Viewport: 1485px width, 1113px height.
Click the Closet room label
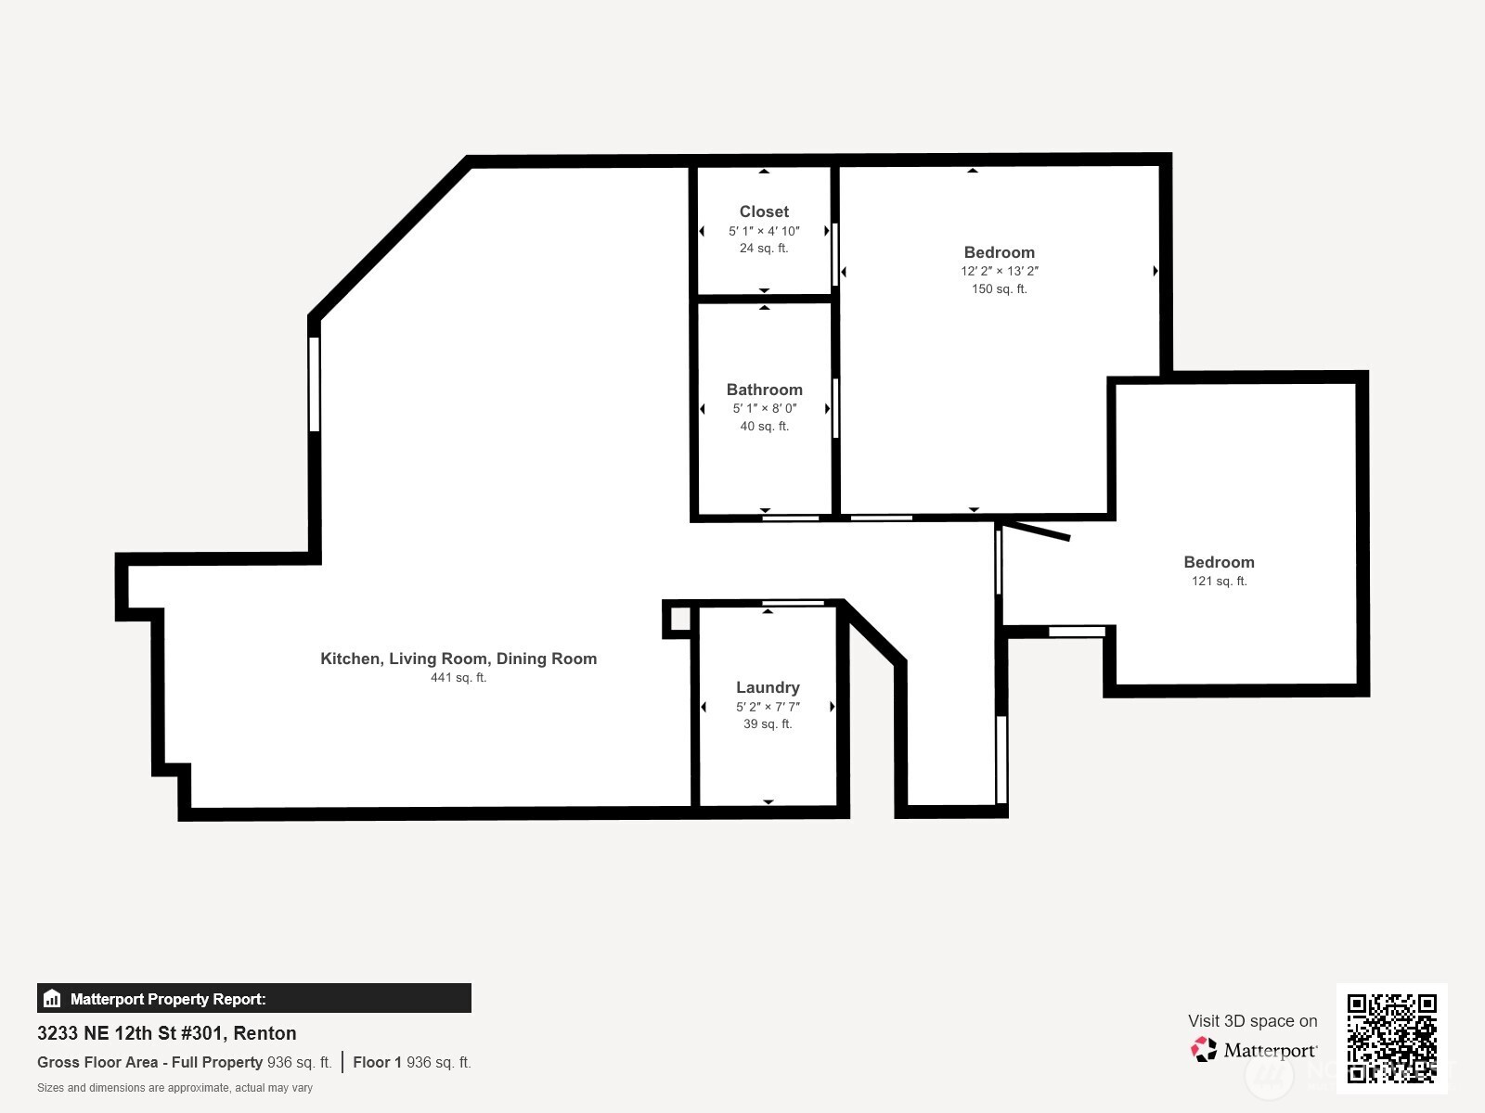(x=764, y=211)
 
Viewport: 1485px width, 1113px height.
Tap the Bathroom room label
(x=765, y=390)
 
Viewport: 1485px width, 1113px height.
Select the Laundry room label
(x=768, y=687)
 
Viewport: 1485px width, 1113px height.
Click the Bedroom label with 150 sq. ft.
(x=1000, y=252)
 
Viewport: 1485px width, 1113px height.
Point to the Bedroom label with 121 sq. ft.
(x=1220, y=562)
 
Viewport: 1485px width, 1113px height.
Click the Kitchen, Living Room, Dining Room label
(x=458, y=659)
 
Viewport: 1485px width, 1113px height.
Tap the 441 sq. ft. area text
(x=458, y=677)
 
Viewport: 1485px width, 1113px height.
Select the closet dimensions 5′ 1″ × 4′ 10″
(x=764, y=231)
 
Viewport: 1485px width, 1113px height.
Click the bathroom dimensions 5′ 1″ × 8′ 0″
(x=765, y=408)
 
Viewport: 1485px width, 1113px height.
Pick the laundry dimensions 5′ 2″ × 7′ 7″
(x=768, y=707)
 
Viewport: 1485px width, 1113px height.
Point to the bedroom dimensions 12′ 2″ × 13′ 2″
(x=1000, y=271)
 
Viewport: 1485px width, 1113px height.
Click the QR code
(x=1391, y=1038)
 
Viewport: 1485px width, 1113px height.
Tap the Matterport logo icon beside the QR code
(x=1204, y=1050)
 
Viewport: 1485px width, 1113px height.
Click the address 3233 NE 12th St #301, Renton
(x=166, y=1033)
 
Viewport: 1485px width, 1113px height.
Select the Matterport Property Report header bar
(x=253, y=998)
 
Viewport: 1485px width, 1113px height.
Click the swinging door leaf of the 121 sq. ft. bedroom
(x=1035, y=531)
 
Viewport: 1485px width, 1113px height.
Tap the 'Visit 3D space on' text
(x=1252, y=1021)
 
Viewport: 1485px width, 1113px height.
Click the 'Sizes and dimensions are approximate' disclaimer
(x=174, y=1088)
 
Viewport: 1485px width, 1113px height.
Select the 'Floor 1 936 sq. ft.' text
(x=411, y=1062)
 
